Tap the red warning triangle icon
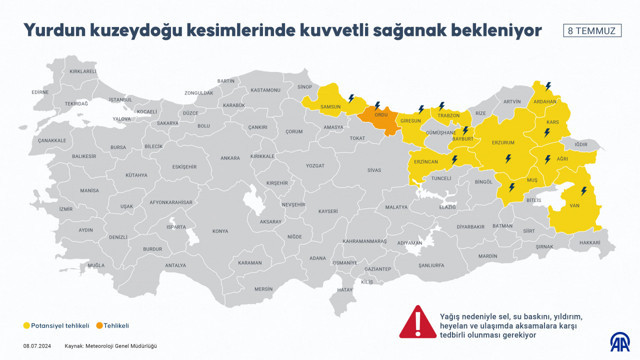414,322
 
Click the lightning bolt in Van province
582,188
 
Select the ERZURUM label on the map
497,143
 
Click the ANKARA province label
230,157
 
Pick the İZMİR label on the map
66,208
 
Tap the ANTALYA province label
176,265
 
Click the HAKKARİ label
590,242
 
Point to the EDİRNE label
40,91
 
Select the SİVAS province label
374,170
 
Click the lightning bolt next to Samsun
351,97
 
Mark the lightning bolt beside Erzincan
453,159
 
